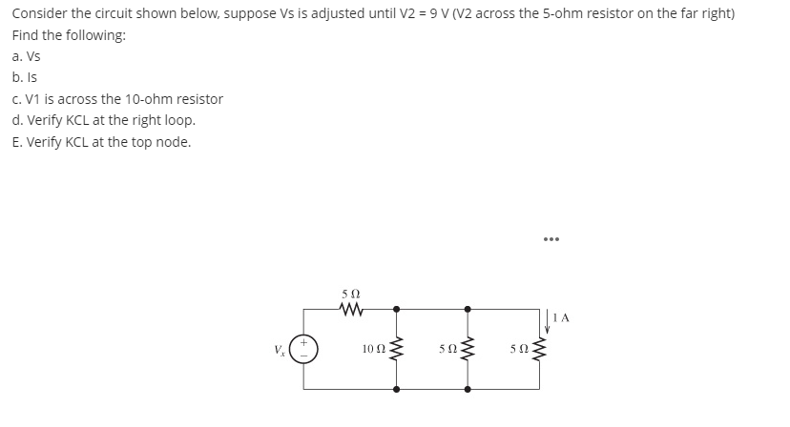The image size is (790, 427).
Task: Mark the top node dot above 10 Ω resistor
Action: (x=397, y=308)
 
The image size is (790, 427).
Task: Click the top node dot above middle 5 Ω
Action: (x=467, y=308)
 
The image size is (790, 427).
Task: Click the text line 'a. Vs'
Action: (x=27, y=56)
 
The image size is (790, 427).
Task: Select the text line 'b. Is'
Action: (x=25, y=77)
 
